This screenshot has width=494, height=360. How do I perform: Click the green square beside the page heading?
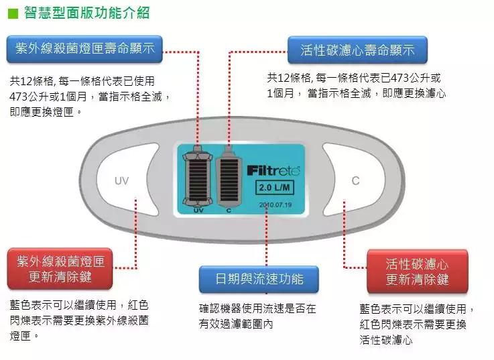(x=11, y=13)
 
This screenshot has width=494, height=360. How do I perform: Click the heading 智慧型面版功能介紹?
(x=86, y=12)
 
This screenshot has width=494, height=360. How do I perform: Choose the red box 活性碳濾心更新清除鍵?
(x=417, y=270)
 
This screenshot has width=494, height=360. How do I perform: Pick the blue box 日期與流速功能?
(x=259, y=279)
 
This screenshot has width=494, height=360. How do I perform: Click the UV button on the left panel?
(x=121, y=181)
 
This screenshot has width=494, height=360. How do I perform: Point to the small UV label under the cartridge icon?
(x=198, y=210)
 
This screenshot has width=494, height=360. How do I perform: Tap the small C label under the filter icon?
(x=228, y=210)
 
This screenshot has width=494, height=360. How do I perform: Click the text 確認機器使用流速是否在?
(x=257, y=309)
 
